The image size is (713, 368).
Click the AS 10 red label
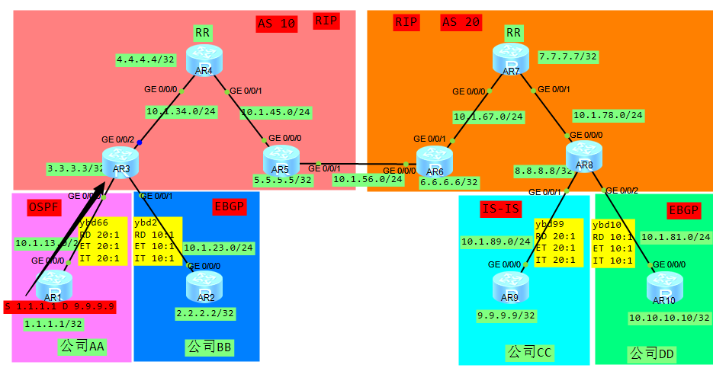click(276, 23)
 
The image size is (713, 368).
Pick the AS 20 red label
click(461, 22)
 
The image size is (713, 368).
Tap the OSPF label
click(44, 207)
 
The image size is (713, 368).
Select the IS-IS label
click(500, 208)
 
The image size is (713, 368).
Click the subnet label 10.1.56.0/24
click(368, 179)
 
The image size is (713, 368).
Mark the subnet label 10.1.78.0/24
click(608, 116)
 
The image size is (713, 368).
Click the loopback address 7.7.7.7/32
click(568, 56)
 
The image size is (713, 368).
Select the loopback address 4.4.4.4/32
click(146, 59)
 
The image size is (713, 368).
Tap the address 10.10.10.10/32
click(669, 317)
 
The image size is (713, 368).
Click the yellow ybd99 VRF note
click(557, 242)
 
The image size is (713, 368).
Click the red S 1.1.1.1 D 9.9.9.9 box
click(59, 306)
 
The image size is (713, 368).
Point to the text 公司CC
click(529, 352)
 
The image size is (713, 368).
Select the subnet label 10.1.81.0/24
click(676, 237)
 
